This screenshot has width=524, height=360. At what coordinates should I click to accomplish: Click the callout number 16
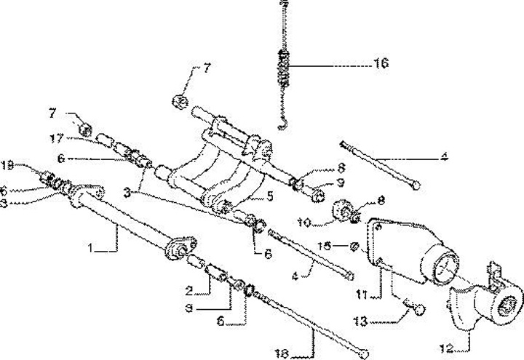point(381,63)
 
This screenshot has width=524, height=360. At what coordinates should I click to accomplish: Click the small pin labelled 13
point(420,311)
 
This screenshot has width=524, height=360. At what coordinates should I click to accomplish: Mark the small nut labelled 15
point(353,247)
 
